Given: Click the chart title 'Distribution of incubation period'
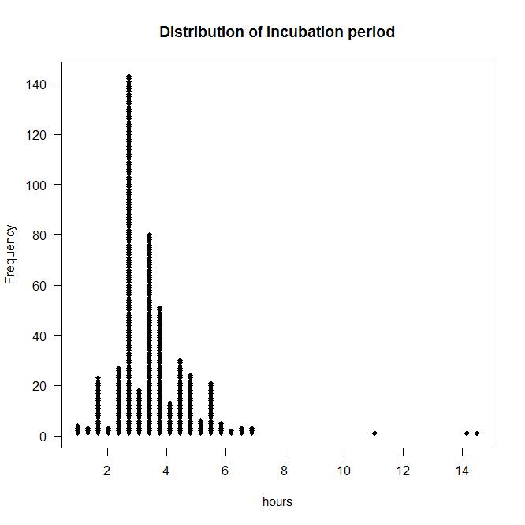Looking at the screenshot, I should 277,32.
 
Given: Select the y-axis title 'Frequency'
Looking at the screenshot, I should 11,254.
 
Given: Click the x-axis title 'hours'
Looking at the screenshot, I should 277,501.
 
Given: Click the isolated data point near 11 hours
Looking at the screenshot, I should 374,433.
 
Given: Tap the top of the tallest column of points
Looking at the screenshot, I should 128,77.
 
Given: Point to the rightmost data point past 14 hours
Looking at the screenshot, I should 477,433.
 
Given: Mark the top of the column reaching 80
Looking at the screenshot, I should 149,235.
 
